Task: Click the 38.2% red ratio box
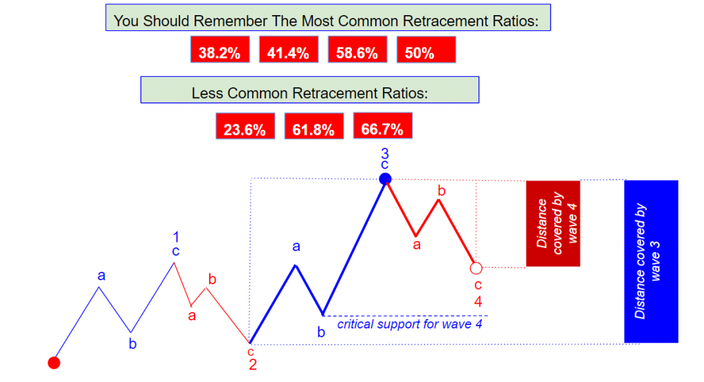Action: click(x=220, y=49)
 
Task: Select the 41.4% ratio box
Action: click(x=289, y=49)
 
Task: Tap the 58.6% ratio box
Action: click(x=357, y=49)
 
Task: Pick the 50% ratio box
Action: click(x=426, y=49)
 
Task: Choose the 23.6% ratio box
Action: click(x=245, y=126)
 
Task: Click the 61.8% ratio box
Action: click(x=313, y=126)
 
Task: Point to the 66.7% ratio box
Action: click(x=382, y=126)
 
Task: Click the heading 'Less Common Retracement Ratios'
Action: click(x=310, y=93)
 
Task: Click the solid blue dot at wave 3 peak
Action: click(x=385, y=179)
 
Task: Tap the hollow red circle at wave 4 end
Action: click(x=476, y=269)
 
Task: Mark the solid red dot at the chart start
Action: click(x=54, y=363)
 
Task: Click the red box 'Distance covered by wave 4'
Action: click(x=553, y=223)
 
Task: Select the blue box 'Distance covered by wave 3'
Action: click(x=651, y=261)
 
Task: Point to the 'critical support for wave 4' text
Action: click(x=410, y=324)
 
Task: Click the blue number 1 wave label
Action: click(x=176, y=236)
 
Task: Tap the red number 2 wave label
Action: click(x=253, y=365)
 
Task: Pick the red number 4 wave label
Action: click(x=478, y=302)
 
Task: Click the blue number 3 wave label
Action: click(x=385, y=153)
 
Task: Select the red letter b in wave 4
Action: click(x=441, y=191)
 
